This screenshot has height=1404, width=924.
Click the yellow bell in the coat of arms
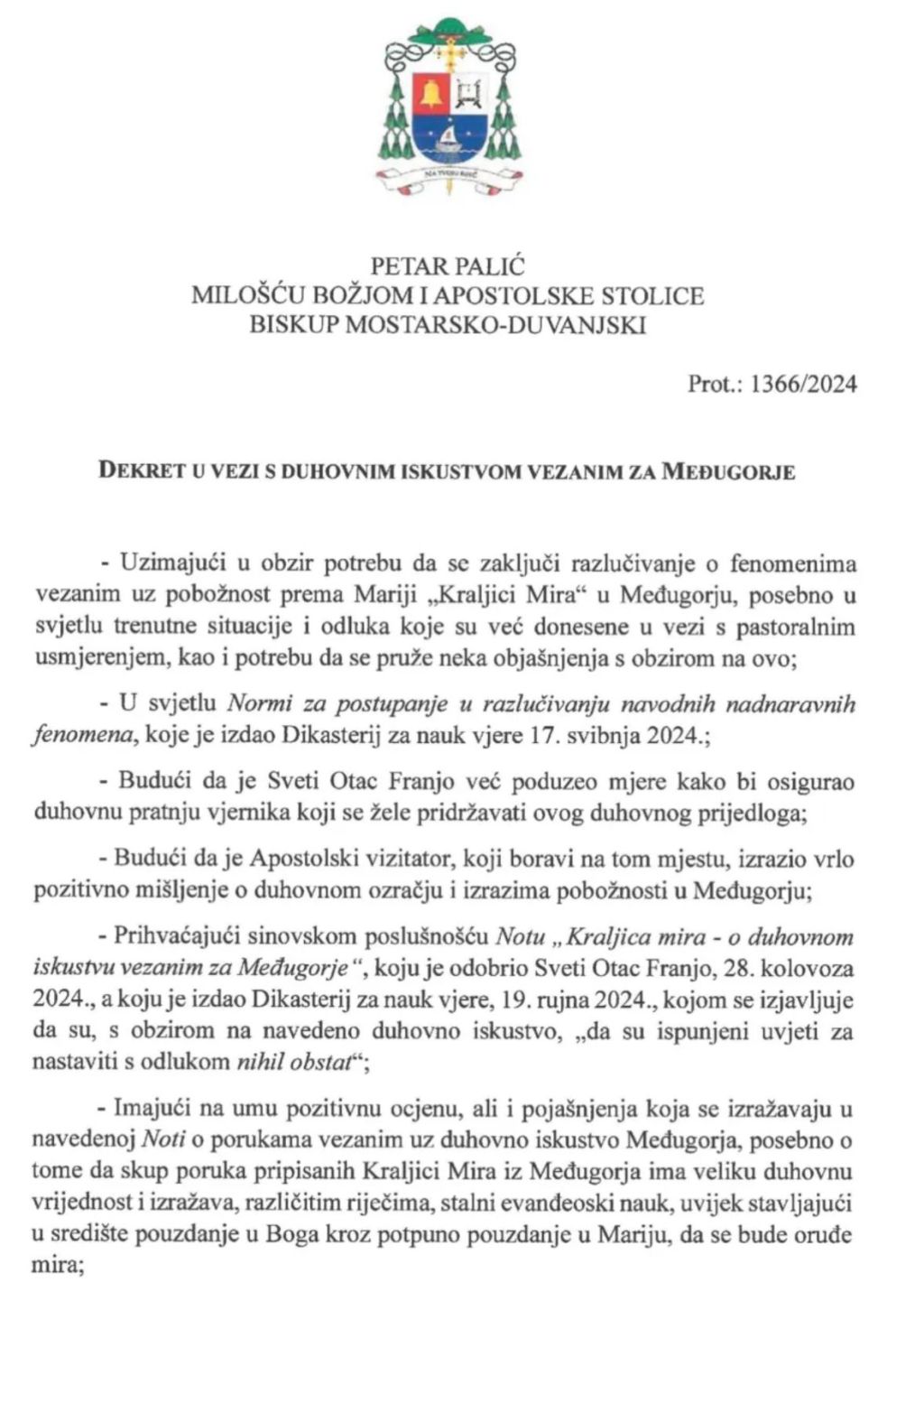pos(431,93)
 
